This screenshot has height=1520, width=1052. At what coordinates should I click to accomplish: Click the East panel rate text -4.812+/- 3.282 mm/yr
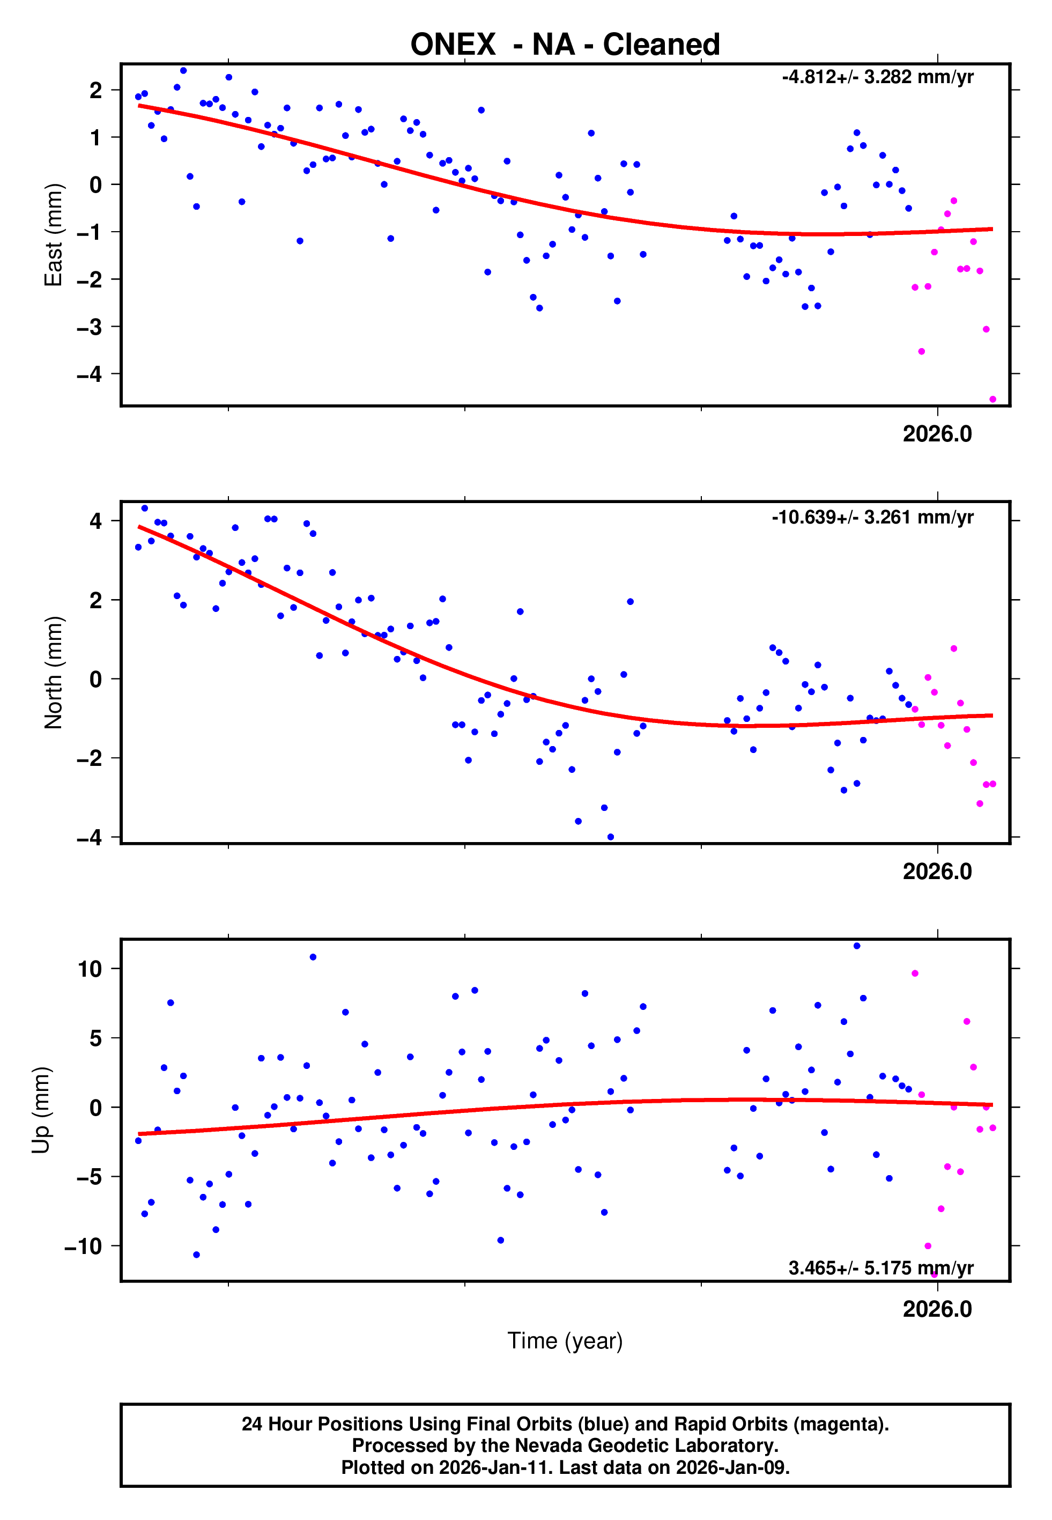[x=877, y=77]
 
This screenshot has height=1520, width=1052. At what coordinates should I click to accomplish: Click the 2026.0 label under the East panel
[x=937, y=434]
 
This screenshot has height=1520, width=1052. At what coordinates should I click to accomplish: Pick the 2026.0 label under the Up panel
[x=937, y=1309]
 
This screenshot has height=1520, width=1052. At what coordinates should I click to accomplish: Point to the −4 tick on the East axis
[x=89, y=374]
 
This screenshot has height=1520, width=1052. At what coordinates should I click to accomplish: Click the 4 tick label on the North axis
[x=95, y=521]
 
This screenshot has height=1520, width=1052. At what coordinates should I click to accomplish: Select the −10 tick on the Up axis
[x=83, y=1246]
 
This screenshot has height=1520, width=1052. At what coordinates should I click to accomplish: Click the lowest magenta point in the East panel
[x=992, y=400]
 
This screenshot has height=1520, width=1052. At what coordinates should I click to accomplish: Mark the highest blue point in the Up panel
[x=856, y=946]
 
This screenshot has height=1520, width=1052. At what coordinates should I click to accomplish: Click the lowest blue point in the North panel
[x=610, y=837]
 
